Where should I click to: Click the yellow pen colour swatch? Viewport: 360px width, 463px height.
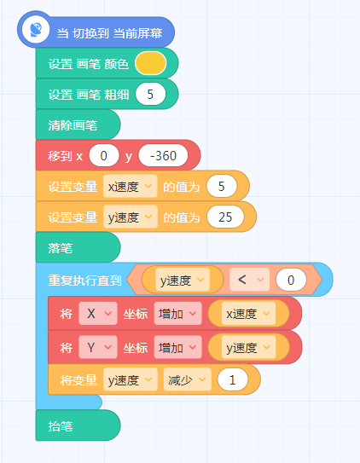(x=151, y=63)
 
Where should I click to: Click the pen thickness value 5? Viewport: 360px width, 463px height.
(x=151, y=94)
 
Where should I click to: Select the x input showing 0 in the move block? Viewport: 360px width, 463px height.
(x=104, y=156)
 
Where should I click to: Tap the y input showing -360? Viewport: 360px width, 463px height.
(x=163, y=156)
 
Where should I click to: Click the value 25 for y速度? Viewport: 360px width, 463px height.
(x=225, y=217)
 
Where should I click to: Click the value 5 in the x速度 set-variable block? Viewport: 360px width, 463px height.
(x=222, y=187)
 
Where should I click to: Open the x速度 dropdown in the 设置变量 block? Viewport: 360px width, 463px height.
(x=131, y=187)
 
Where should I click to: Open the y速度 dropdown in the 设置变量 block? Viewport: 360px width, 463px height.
(x=131, y=217)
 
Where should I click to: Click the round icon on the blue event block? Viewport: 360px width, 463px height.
(x=36, y=30)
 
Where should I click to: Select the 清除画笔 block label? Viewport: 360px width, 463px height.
(x=73, y=125)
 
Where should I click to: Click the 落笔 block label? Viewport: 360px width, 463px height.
(x=61, y=248)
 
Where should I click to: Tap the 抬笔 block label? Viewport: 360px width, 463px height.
(x=61, y=426)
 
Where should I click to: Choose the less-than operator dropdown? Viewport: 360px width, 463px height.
(x=250, y=280)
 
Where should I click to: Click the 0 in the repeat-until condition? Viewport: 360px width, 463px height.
(x=291, y=280)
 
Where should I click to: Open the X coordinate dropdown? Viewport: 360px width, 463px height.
(x=98, y=313)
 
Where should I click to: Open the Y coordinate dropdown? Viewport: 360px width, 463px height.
(x=98, y=347)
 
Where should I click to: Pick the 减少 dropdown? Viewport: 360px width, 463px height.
(x=188, y=379)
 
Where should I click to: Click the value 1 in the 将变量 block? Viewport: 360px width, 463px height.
(x=232, y=379)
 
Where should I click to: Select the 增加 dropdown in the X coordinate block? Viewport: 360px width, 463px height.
(x=177, y=313)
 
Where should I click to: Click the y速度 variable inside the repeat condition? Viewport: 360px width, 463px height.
(x=183, y=280)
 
